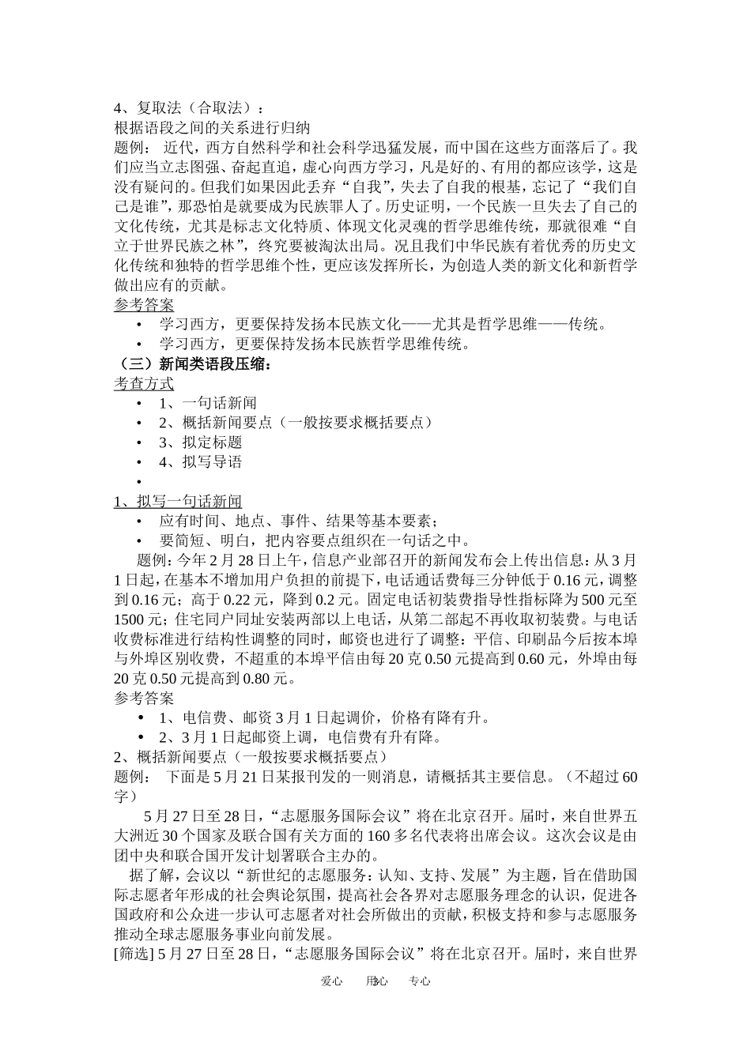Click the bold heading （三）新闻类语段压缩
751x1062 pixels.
pos(191,363)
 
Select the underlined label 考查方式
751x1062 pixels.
pos(143,383)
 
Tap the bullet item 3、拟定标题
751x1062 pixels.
pos(201,442)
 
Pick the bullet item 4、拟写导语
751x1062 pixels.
pos(201,462)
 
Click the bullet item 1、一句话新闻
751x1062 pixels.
pos(208,403)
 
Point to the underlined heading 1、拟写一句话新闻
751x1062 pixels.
pos(178,502)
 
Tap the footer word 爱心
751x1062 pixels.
pos(331,981)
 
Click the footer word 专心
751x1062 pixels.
pos(419,981)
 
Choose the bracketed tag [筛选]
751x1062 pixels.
pos(134,954)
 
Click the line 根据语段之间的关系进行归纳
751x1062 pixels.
pos(213,127)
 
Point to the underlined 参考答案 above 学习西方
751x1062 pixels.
pos(143,305)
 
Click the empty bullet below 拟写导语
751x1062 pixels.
pos(139,482)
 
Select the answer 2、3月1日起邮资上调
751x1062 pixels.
pos(299,737)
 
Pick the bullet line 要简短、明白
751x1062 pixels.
pos(315,540)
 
